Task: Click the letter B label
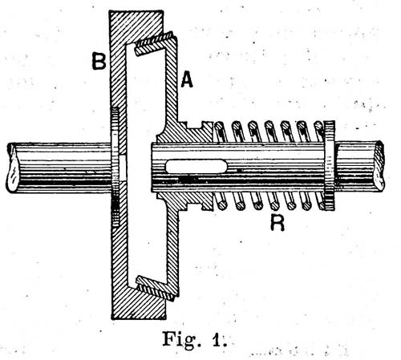[x=99, y=61]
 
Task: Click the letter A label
[x=187, y=80]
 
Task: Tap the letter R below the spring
[x=277, y=223]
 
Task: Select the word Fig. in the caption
[x=179, y=338]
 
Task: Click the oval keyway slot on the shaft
[x=196, y=166]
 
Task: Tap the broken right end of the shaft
[x=379, y=166]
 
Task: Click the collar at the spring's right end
[x=330, y=165]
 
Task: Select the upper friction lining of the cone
[x=155, y=44]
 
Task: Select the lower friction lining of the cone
[x=156, y=289]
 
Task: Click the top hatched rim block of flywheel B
[x=137, y=26]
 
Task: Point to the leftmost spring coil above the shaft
[x=221, y=131]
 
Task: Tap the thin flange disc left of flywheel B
[x=115, y=167]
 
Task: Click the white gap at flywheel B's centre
[x=123, y=168]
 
